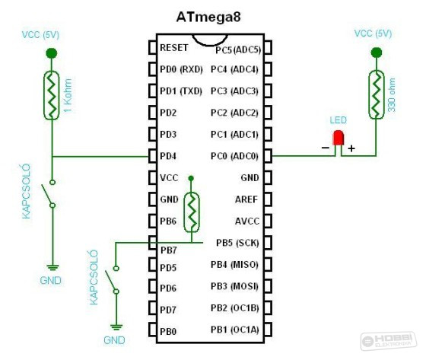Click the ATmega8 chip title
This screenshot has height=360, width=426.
208,18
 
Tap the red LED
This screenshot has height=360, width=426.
339,138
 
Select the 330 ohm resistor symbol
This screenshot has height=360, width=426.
377,94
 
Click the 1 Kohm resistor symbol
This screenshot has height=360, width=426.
52,95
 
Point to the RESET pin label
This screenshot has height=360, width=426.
174,48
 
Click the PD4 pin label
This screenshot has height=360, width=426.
168,156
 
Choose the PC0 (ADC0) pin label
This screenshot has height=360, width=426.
234,156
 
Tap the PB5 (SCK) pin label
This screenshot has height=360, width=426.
237,243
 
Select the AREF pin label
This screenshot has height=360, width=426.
246,199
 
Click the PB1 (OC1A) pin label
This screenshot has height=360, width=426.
235,330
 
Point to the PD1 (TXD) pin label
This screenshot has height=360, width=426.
181,91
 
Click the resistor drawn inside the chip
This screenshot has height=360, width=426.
191,212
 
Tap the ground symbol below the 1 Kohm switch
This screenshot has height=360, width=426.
52,268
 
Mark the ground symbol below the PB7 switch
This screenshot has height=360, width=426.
116,327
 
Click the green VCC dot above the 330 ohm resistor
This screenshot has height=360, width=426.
377,53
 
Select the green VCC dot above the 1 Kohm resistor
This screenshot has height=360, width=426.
52,53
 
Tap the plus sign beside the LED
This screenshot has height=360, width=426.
351,148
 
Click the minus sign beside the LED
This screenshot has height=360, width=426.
326,148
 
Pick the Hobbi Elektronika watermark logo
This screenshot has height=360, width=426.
389,341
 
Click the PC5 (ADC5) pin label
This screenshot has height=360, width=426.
238,50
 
